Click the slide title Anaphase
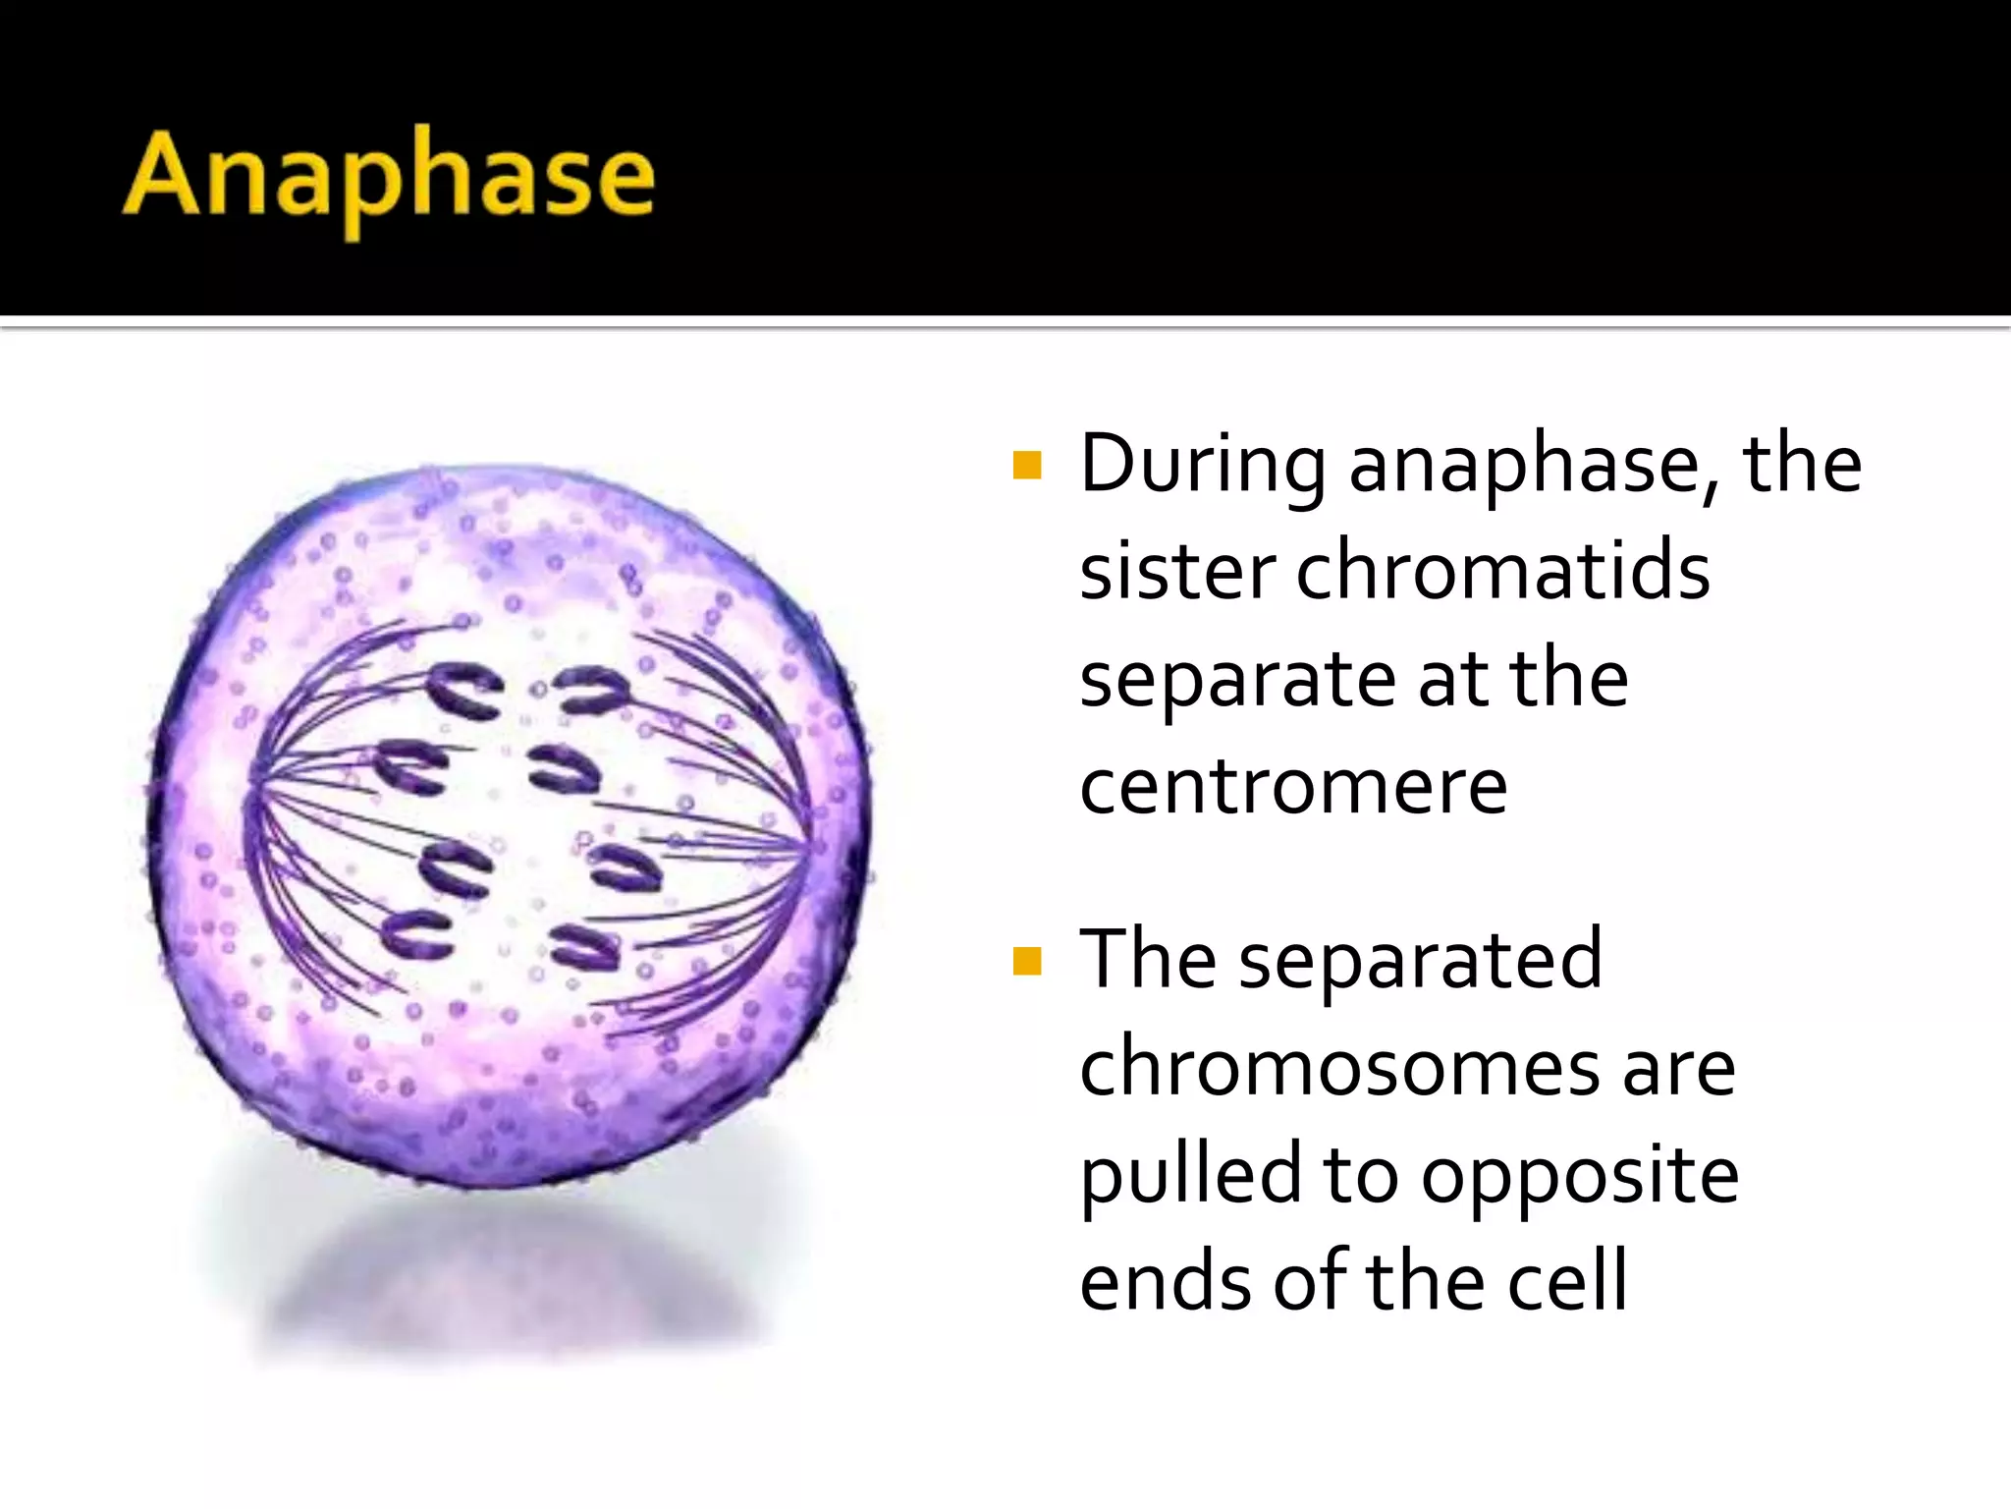coord(389,177)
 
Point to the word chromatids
coord(1502,572)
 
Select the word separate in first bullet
coord(1237,680)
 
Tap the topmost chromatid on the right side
coord(592,690)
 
